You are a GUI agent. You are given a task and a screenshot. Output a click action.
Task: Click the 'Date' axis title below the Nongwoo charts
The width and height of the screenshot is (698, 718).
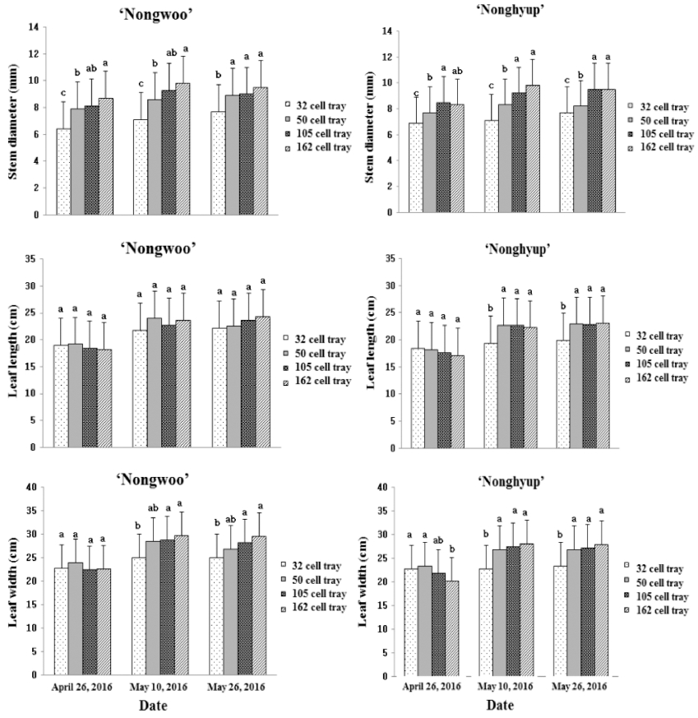click(153, 706)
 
